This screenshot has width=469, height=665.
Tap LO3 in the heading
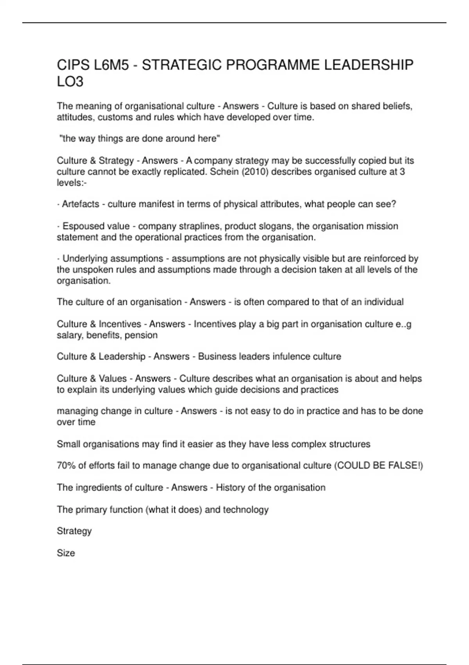[70, 82]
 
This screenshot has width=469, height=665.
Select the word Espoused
[81, 226]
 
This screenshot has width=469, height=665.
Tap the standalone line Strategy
[74, 531]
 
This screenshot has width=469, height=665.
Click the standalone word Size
[66, 553]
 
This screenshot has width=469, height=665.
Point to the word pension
[141, 335]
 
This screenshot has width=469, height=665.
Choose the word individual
[384, 302]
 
